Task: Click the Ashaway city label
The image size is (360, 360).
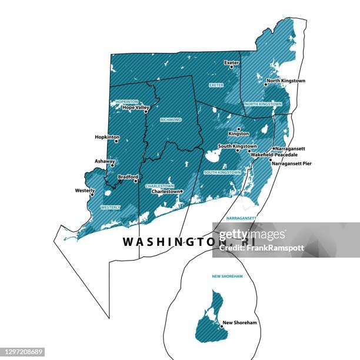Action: point(105,161)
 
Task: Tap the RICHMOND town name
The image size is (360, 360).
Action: point(171,119)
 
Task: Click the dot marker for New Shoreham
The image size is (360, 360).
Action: point(220,328)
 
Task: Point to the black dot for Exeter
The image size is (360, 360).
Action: point(231,66)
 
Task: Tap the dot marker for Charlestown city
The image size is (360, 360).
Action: point(181,191)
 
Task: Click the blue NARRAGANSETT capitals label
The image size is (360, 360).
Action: point(241,218)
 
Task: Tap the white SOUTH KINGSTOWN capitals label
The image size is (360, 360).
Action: point(222,172)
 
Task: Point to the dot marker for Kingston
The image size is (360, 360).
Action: point(238,129)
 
